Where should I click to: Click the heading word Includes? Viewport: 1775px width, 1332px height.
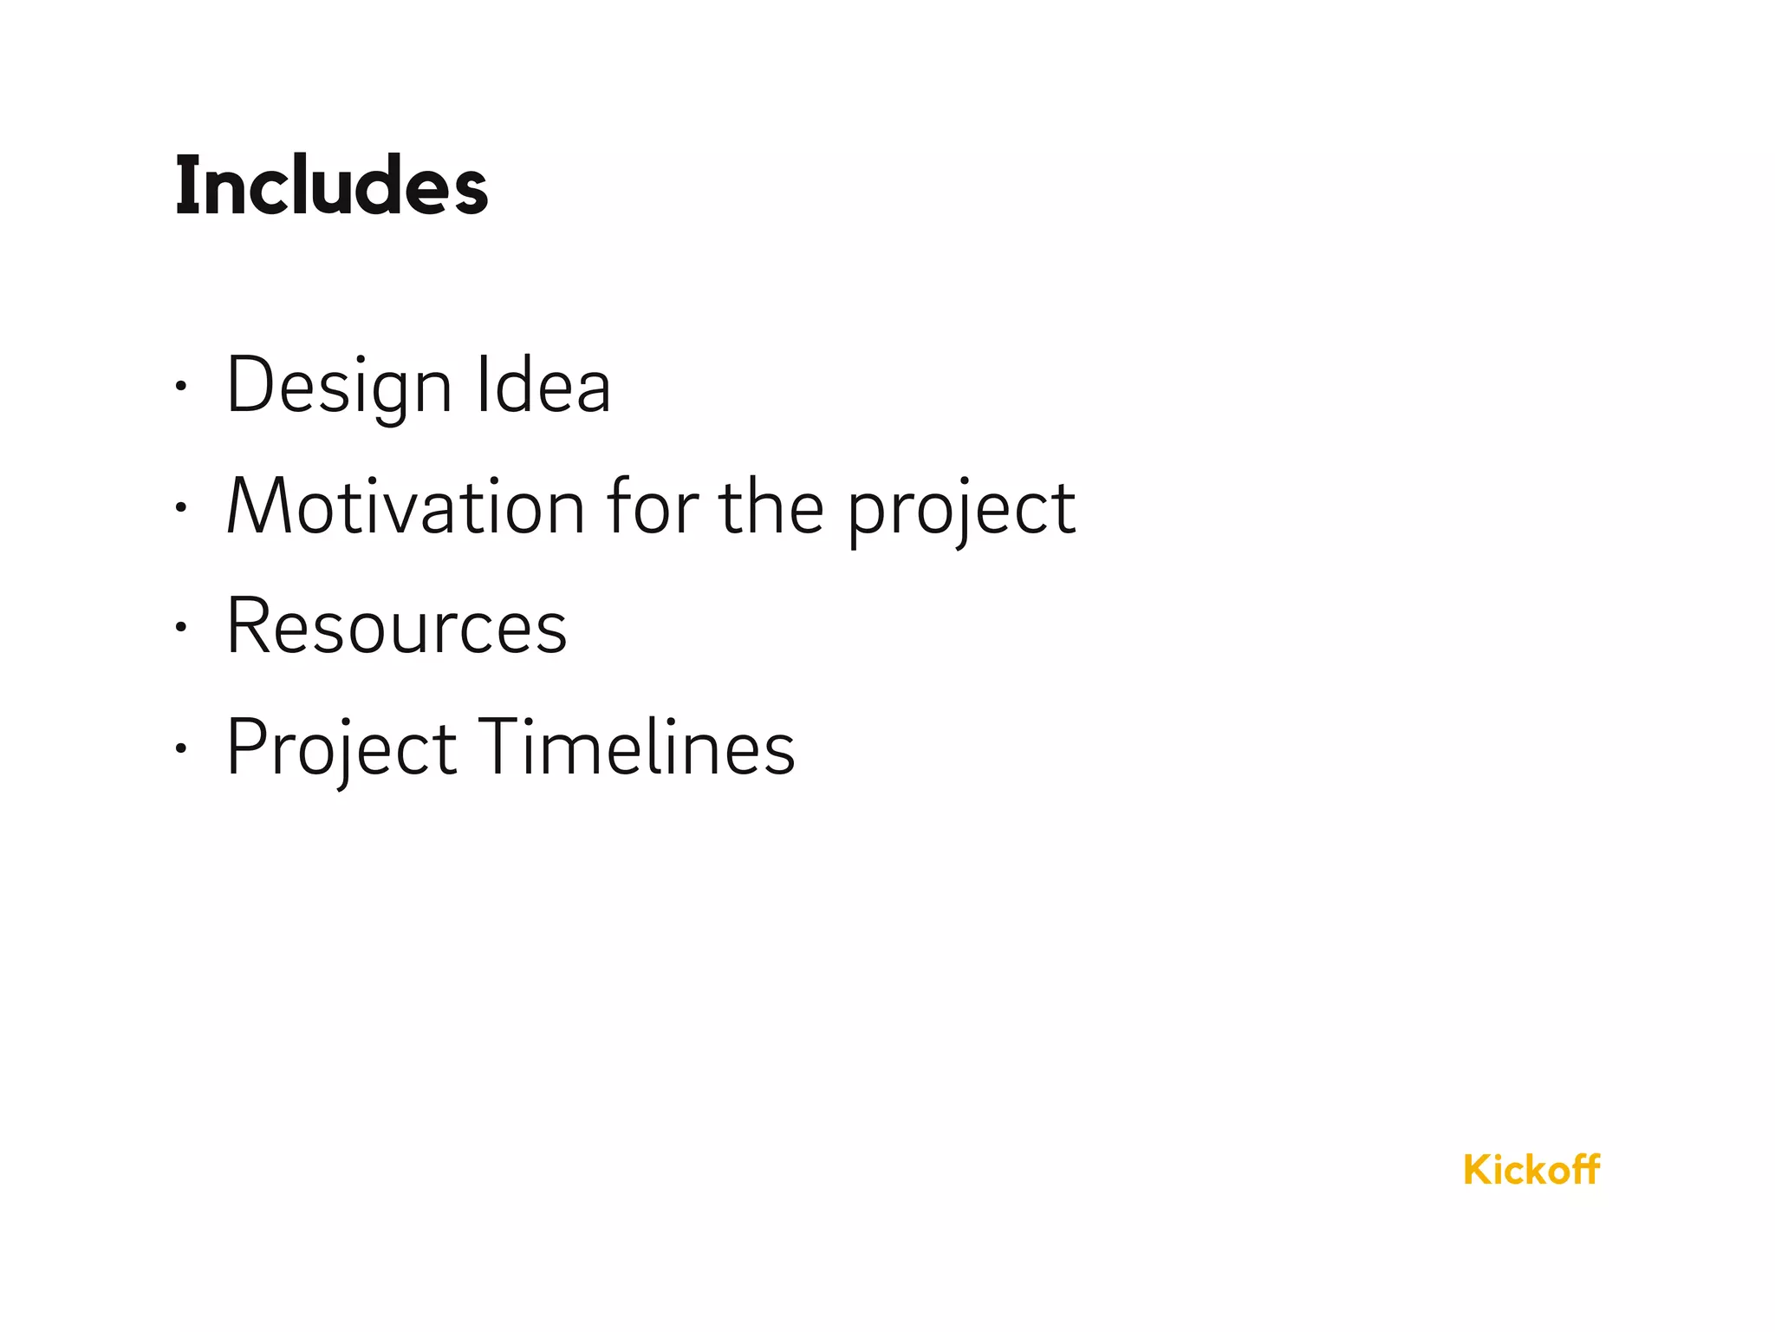331,186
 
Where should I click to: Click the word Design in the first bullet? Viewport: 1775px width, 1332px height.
339,385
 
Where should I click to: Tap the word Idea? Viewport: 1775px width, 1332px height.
543,385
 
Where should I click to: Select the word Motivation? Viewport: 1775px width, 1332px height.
406,506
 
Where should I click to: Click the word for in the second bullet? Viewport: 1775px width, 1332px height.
652,506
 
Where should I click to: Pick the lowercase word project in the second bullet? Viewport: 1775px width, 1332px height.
960,510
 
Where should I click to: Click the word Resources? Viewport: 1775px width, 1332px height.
396,626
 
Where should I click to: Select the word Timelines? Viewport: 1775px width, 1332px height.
636,748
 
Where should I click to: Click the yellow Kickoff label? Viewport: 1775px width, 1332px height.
1531,1170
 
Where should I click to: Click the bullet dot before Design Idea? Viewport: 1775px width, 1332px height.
180,388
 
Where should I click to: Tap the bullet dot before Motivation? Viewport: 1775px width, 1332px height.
180,508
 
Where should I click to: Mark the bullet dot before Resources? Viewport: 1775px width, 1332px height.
180,628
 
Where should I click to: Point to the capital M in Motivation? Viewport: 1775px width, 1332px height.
257,506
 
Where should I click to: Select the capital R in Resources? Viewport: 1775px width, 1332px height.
246,626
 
